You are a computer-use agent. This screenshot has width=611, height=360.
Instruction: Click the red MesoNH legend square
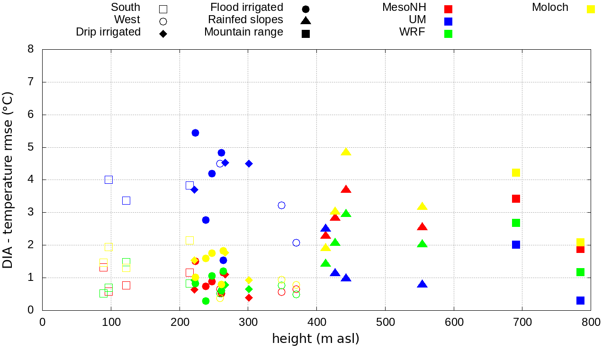pos(449,9)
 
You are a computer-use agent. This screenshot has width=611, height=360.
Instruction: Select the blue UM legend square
pos(449,21)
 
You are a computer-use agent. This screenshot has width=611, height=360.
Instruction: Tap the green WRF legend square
pos(449,34)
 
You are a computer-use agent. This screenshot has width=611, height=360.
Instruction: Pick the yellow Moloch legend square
pos(591,9)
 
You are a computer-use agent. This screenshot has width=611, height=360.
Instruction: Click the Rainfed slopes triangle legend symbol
pos(306,20)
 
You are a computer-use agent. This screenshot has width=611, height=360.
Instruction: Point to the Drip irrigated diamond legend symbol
pos(163,34)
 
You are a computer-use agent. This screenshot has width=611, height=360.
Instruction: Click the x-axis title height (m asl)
pos(315,339)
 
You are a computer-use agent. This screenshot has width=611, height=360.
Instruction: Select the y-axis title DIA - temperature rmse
pos(8,180)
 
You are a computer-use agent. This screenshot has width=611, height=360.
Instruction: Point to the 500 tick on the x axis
pos(385,323)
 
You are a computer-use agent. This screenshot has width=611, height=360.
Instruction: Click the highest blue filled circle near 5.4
pos(195,133)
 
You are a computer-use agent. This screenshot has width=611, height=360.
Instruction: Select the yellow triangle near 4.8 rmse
pos(346,152)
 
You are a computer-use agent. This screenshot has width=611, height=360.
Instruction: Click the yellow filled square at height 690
pos(516,172)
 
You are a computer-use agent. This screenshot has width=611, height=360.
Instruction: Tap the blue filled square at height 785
pos(580,300)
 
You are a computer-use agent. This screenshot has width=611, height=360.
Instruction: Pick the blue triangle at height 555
pos(422,284)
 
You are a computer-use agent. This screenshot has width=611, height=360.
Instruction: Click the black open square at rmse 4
pos(108,180)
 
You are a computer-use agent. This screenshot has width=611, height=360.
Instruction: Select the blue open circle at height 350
pos(281,205)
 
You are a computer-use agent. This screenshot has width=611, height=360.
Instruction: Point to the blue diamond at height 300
pos(249,163)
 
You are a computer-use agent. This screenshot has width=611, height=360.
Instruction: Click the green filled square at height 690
pos(516,223)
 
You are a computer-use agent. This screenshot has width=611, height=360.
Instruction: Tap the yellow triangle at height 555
pos(422,207)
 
